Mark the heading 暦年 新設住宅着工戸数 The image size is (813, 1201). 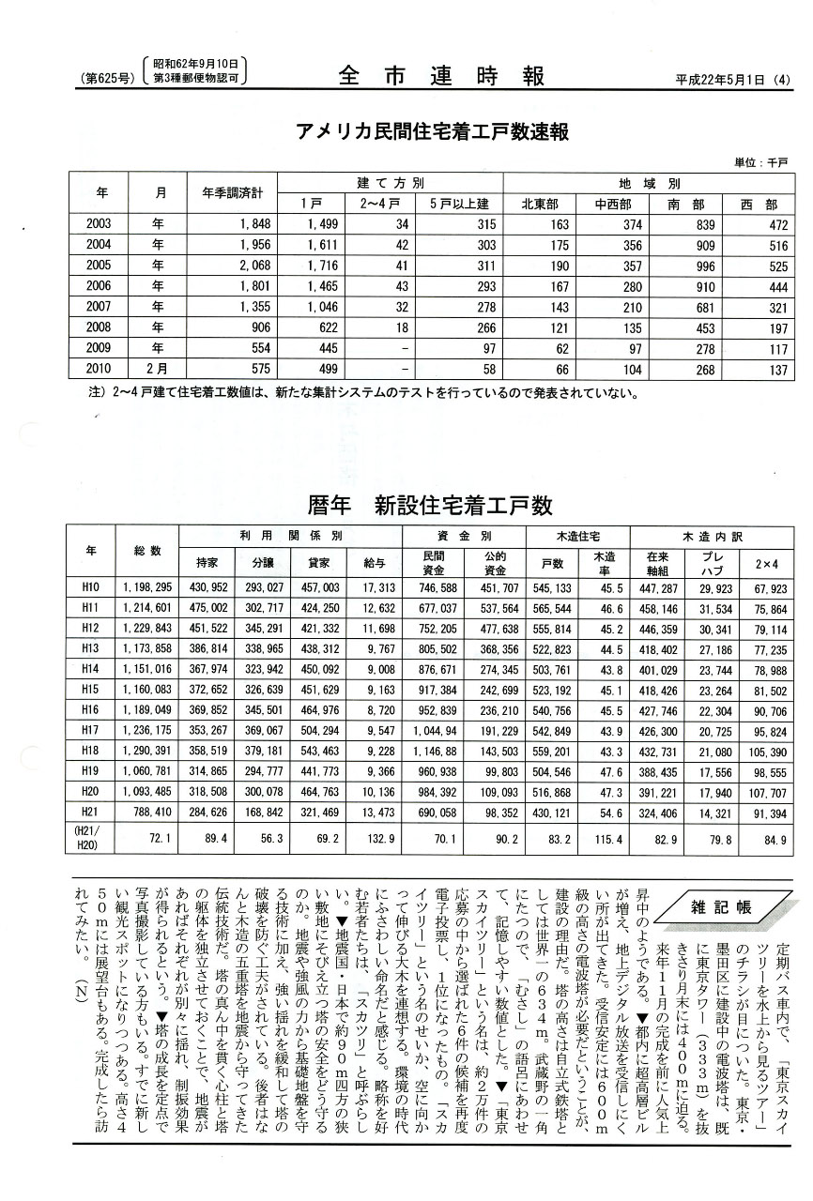point(430,506)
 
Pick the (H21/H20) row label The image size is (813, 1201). point(91,837)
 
